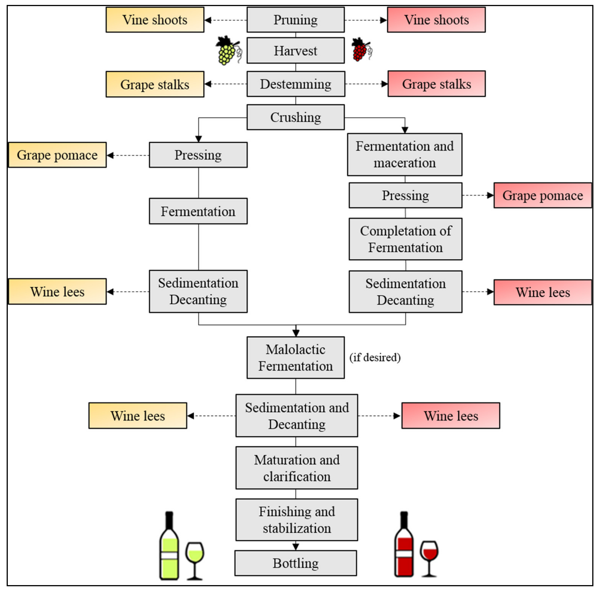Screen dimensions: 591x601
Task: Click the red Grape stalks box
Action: [436, 84]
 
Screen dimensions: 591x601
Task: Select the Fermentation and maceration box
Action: [404, 155]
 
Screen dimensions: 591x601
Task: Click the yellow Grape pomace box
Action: [57, 155]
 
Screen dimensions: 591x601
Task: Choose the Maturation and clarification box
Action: [297, 468]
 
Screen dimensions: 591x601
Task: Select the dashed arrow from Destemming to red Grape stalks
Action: [366, 84]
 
